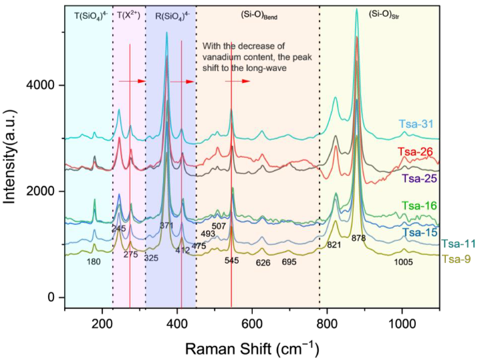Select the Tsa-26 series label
click(415, 153)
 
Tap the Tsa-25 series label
click(419, 179)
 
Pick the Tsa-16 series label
click(419, 205)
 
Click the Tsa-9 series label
click(455, 258)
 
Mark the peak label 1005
click(402, 262)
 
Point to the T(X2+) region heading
click(128, 15)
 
